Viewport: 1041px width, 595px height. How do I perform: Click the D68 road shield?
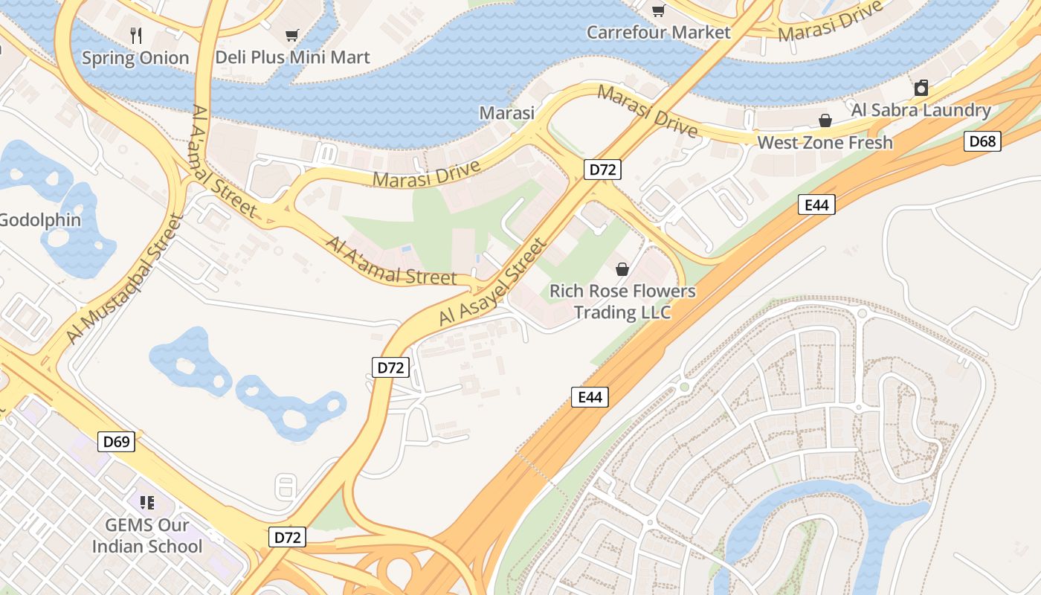coord(982,141)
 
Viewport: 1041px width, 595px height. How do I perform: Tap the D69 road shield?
coord(116,442)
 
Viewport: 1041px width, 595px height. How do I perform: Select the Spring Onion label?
coord(135,58)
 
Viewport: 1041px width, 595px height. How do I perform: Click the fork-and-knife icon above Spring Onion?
coord(135,35)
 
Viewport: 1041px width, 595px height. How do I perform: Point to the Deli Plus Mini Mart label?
coord(292,57)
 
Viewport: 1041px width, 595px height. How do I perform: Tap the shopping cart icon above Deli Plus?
coord(292,35)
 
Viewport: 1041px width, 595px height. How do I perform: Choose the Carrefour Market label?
coord(658,32)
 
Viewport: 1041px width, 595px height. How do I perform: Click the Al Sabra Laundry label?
coord(921,111)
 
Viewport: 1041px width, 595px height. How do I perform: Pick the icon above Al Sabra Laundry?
coord(921,88)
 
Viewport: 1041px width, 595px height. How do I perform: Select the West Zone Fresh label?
coord(825,142)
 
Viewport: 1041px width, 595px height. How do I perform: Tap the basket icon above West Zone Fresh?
coord(825,120)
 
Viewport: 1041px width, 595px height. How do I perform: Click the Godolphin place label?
coord(40,220)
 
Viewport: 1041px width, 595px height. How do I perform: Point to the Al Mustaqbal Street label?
coord(124,279)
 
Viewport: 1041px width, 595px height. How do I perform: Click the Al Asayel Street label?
coord(493,282)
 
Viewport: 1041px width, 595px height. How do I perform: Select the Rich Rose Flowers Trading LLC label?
coord(622,301)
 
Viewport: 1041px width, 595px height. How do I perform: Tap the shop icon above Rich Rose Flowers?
coord(622,269)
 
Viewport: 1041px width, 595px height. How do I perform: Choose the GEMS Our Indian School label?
coord(146,535)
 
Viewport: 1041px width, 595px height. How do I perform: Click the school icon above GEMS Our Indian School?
coord(146,503)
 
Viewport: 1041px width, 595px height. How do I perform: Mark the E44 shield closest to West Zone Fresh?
coord(816,205)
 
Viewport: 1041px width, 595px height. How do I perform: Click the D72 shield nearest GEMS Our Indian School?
coord(287,537)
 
